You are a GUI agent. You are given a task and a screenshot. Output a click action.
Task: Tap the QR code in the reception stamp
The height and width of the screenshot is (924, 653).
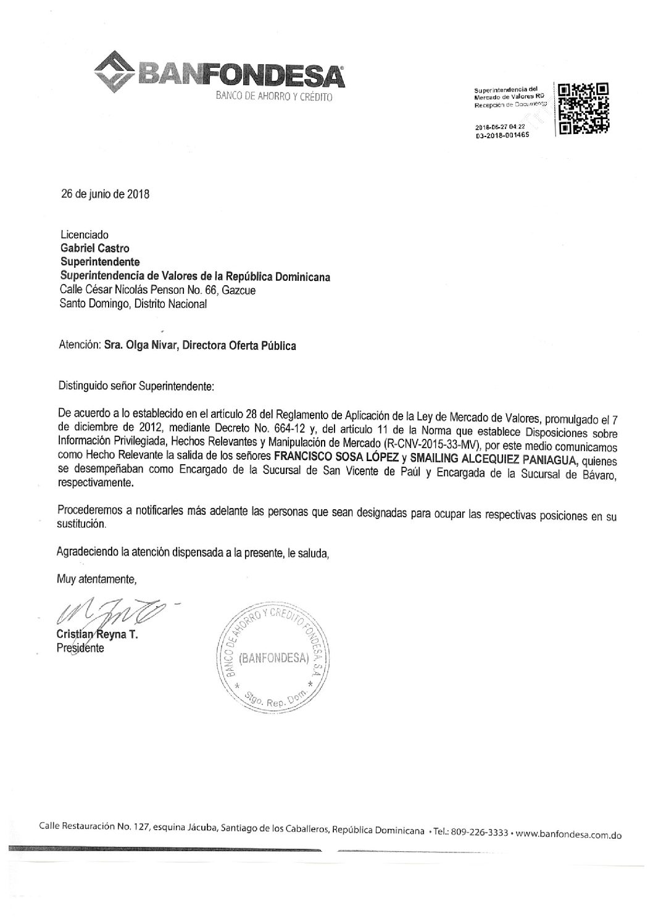pyautogui.click(x=583, y=109)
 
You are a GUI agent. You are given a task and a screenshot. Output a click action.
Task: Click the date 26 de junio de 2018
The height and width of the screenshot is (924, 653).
pyautogui.click(x=105, y=193)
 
